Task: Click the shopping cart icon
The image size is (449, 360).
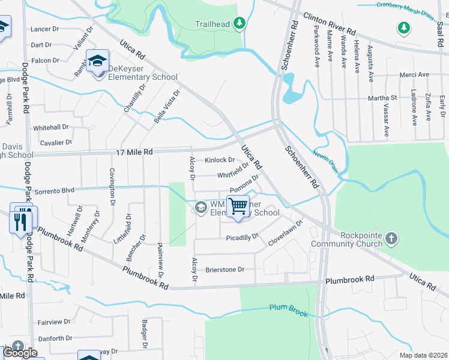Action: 238,206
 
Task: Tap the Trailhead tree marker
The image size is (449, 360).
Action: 240,23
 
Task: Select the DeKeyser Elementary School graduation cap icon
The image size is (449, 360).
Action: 97,61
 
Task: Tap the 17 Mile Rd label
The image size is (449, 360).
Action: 134,152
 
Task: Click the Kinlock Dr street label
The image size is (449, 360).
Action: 220,160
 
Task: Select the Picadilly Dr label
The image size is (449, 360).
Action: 242,237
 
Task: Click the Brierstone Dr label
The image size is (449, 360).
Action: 225,269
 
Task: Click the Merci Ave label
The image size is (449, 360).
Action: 415,75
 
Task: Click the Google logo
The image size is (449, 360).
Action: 20,353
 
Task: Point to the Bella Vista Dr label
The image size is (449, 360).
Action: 166,107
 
